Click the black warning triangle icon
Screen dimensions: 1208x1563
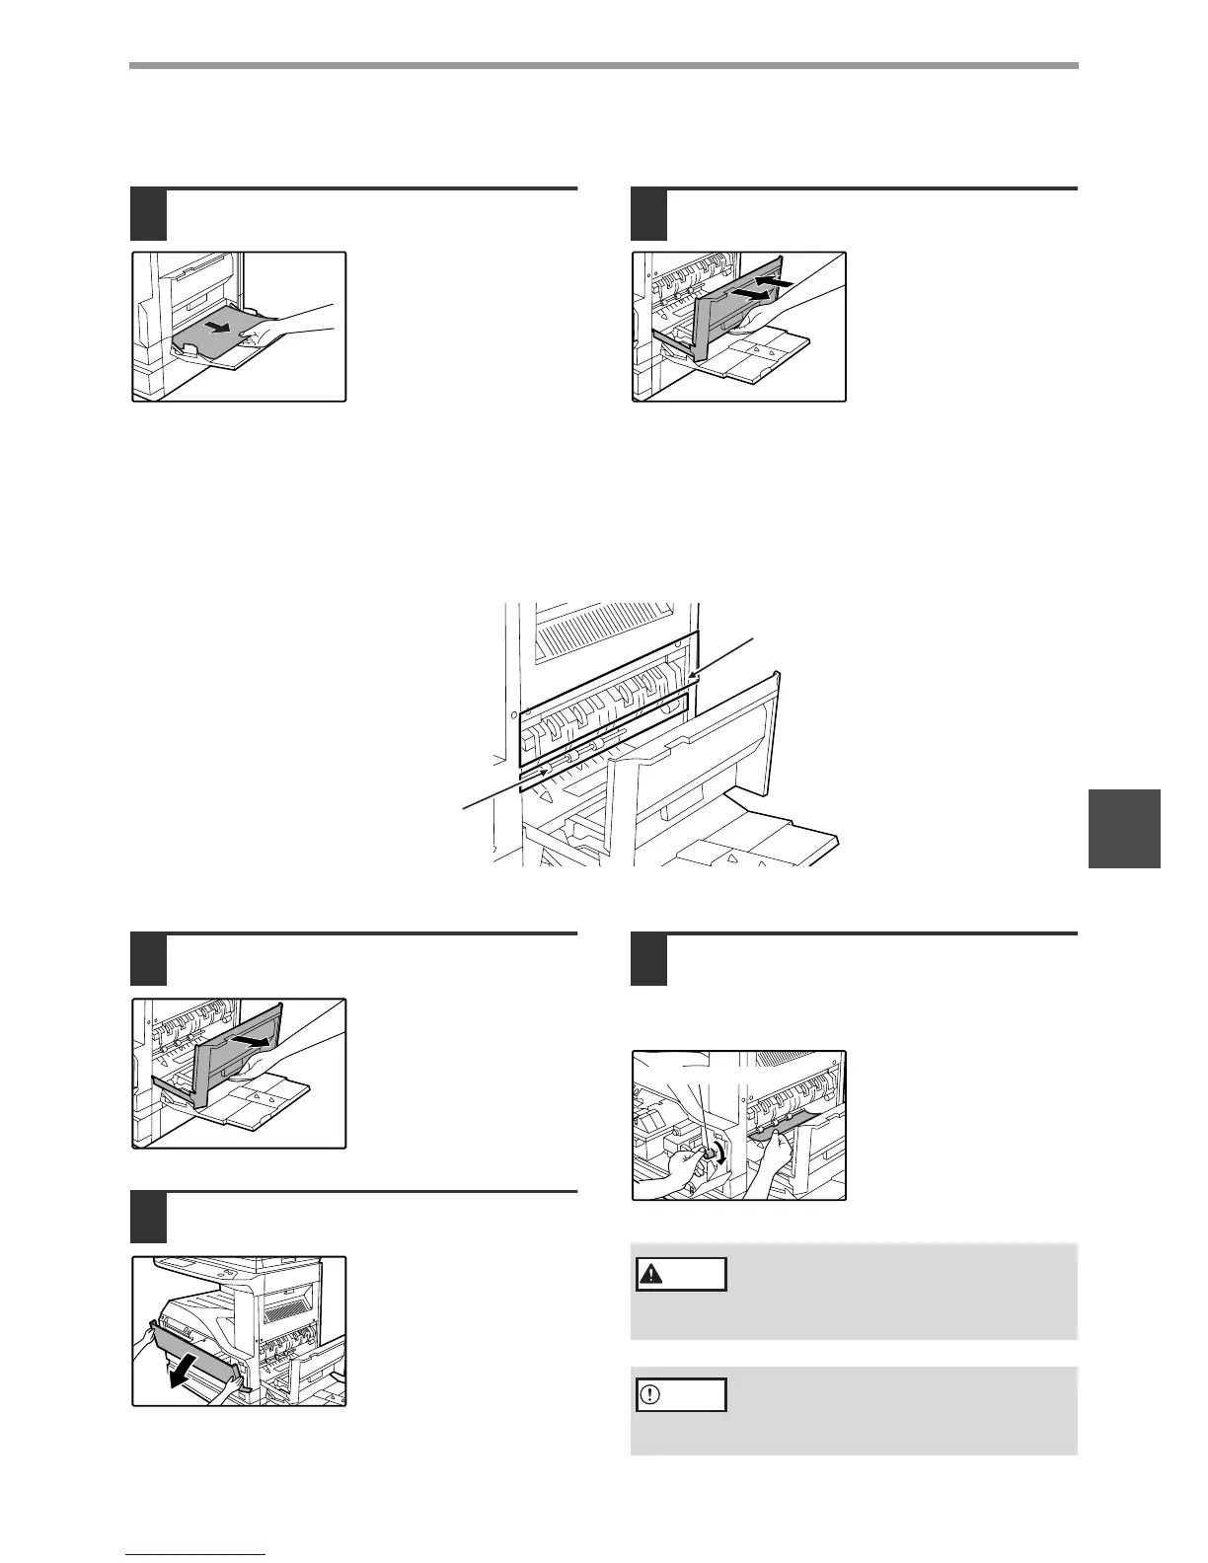point(651,1274)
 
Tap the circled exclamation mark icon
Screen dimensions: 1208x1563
point(651,1395)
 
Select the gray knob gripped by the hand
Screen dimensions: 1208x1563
point(709,1153)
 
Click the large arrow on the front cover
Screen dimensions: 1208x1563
point(190,1370)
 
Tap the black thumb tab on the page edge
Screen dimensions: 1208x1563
point(1124,828)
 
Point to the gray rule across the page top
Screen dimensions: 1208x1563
point(603,66)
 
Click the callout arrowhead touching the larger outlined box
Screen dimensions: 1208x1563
point(694,676)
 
